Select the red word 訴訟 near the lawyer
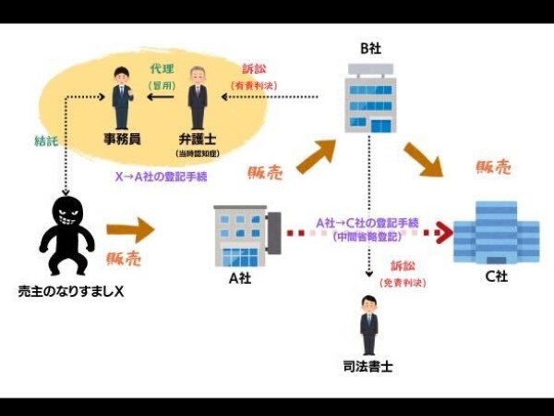255,69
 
